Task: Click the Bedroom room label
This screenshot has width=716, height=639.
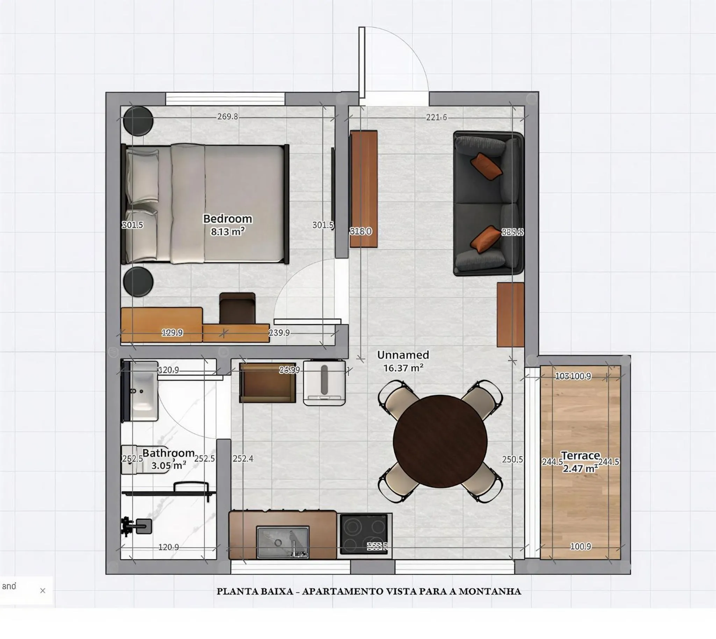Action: (x=227, y=218)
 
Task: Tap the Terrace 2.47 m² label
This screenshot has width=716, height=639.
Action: (x=580, y=462)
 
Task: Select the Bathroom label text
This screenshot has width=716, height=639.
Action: (x=168, y=453)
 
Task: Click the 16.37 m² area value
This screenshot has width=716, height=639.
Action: (x=403, y=368)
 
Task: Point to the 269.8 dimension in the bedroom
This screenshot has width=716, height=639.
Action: (x=227, y=116)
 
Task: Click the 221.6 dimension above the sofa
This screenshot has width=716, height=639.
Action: (x=436, y=117)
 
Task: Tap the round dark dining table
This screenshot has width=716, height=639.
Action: (x=440, y=441)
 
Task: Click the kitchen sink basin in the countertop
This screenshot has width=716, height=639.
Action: (x=282, y=542)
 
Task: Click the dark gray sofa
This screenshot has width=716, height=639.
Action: (x=487, y=204)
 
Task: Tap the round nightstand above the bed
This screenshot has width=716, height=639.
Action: (x=138, y=120)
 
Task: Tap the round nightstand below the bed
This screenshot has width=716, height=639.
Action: (x=138, y=282)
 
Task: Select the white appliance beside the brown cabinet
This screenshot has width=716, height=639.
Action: (x=324, y=383)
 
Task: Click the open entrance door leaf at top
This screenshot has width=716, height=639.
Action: (x=362, y=62)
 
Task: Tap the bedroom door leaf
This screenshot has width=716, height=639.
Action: (x=307, y=321)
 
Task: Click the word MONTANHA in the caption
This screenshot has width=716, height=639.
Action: (x=490, y=592)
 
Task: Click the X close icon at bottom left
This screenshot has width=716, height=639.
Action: (x=43, y=591)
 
